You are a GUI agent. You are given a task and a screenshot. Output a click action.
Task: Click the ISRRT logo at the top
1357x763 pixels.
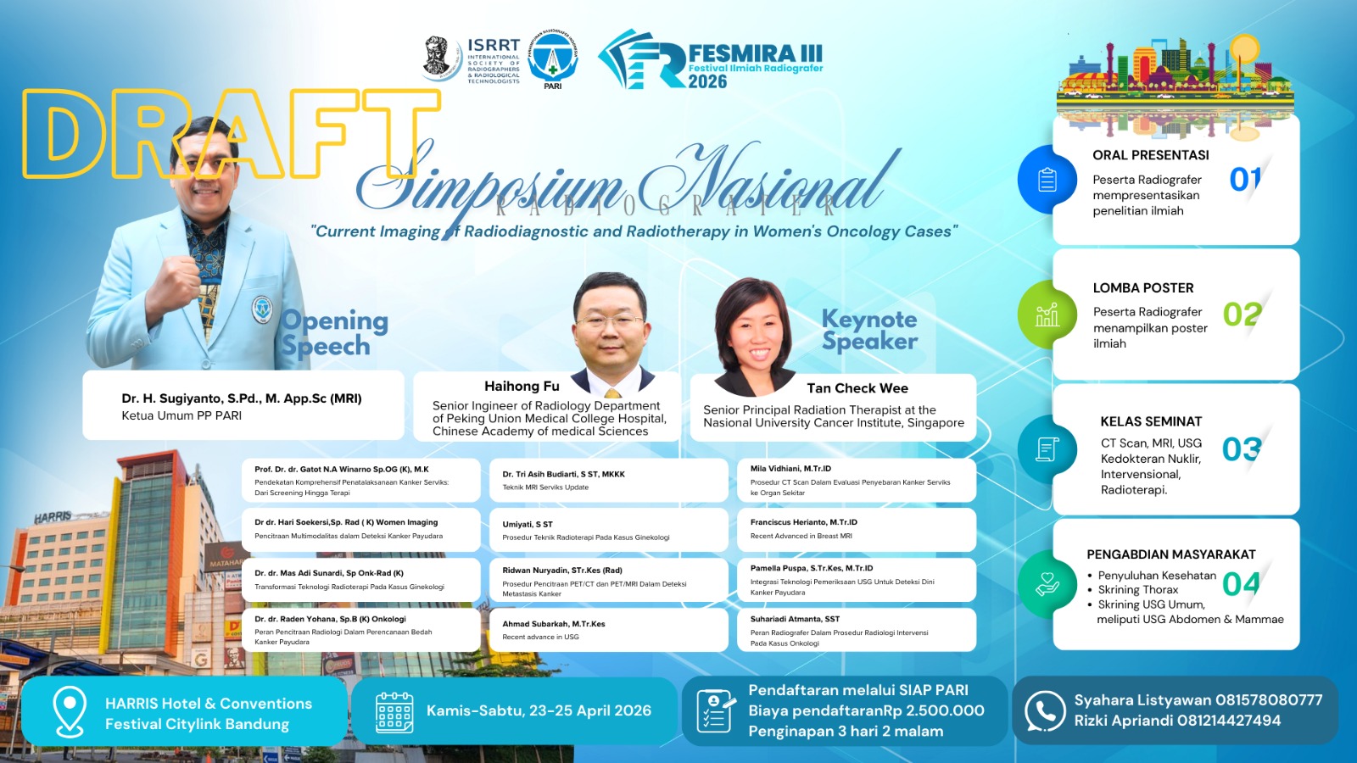point(472,59)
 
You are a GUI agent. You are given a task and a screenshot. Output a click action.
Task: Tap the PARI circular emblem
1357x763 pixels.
point(553,58)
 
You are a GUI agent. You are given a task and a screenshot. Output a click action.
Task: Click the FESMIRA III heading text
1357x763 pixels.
point(754,53)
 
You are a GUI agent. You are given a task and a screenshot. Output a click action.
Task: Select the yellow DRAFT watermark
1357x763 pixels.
point(229,134)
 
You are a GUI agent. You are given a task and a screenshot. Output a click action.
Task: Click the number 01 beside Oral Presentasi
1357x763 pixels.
point(1245,179)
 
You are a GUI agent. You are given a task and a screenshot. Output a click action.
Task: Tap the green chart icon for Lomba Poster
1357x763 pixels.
point(1047,315)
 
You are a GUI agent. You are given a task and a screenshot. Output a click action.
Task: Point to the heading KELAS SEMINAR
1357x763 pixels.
point(1151,421)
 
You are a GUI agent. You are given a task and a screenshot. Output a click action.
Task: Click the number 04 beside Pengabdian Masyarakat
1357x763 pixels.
point(1241,583)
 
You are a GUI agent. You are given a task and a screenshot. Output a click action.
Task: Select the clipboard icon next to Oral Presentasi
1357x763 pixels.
point(1047,180)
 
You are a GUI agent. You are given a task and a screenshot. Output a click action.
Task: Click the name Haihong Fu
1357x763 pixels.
point(522,387)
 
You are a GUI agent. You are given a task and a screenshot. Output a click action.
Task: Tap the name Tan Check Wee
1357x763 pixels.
point(857,388)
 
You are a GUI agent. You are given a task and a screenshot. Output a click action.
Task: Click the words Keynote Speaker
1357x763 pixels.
point(869,330)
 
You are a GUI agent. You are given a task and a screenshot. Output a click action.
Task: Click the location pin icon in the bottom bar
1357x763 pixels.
point(69,710)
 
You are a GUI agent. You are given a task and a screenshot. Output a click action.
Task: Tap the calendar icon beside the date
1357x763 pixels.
point(394,711)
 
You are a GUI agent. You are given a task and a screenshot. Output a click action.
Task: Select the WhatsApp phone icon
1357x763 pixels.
point(1045,710)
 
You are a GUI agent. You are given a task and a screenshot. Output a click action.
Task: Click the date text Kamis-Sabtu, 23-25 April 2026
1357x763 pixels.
point(539,710)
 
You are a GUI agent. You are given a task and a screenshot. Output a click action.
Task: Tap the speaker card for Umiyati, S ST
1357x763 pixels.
point(608,530)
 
